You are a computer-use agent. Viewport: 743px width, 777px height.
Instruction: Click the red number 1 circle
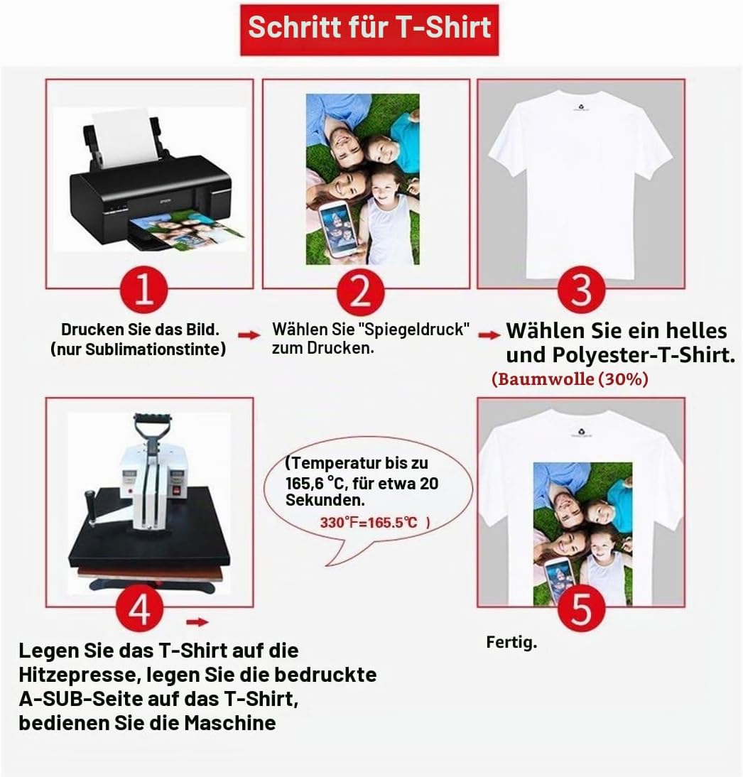tap(143, 290)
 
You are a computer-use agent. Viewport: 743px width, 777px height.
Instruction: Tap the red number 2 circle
tap(360, 291)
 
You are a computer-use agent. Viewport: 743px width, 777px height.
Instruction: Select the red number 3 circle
tap(581, 290)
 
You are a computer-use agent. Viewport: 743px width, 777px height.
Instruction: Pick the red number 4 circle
tap(139, 609)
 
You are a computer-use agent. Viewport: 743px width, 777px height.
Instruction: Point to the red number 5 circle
tap(581, 609)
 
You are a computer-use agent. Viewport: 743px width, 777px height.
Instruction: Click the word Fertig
tap(511, 643)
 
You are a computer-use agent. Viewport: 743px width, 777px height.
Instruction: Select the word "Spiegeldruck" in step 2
tap(413, 329)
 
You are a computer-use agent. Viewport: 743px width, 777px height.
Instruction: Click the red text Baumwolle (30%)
tap(570, 379)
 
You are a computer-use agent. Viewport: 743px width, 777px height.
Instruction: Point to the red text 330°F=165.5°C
tap(369, 523)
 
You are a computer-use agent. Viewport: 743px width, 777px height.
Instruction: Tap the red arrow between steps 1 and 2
tap(249, 335)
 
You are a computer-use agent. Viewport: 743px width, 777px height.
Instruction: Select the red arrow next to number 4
tap(197, 622)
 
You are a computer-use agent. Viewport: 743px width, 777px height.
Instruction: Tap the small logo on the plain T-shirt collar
tap(580, 107)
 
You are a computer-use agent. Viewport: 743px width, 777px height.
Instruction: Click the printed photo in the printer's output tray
tap(186, 229)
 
